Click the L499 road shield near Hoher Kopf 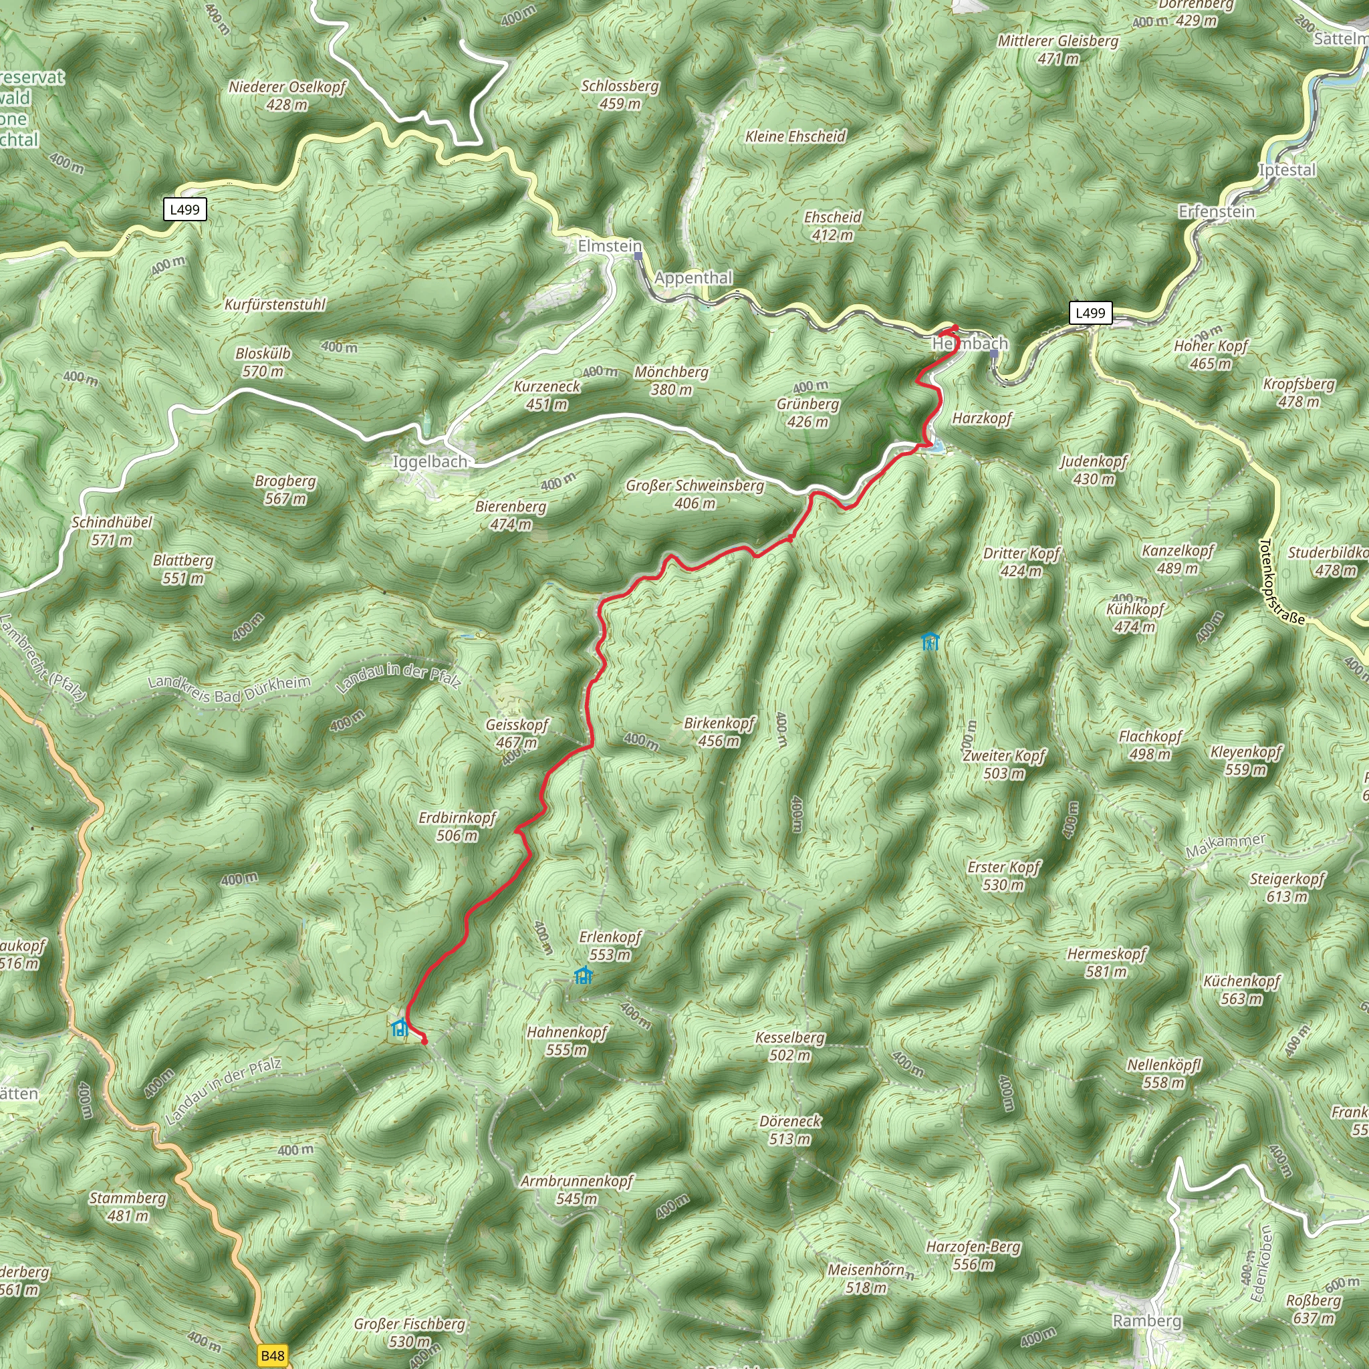pyautogui.click(x=1090, y=312)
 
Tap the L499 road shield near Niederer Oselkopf pyautogui.click(x=185, y=209)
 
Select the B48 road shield pyautogui.click(x=272, y=1356)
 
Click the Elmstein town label pyautogui.click(x=610, y=246)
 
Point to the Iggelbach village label pyautogui.click(x=430, y=461)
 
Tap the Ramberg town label pyautogui.click(x=1147, y=1321)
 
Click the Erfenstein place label pyautogui.click(x=1216, y=211)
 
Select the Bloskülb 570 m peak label pyautogui.click(x=263, y=362)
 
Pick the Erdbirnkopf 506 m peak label pyautogui.click(x=457, y=826)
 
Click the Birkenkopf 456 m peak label pyautogui.click(x=719, y=732)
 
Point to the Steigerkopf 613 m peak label pyautogui.click(x=1287, y=887)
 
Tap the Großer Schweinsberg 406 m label pyautogui.click(x=695, y=494)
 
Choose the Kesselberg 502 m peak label pyautogui.click(x=790, y=1046)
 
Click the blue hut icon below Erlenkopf pyautogui.click(x=582, y=976)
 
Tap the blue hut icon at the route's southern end pyautogui.click(x=400, y=1027)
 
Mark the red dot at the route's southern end pyautogui.click(x=424, y=1040)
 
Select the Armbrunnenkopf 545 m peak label pyautogui.click(x=576, y=1190)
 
